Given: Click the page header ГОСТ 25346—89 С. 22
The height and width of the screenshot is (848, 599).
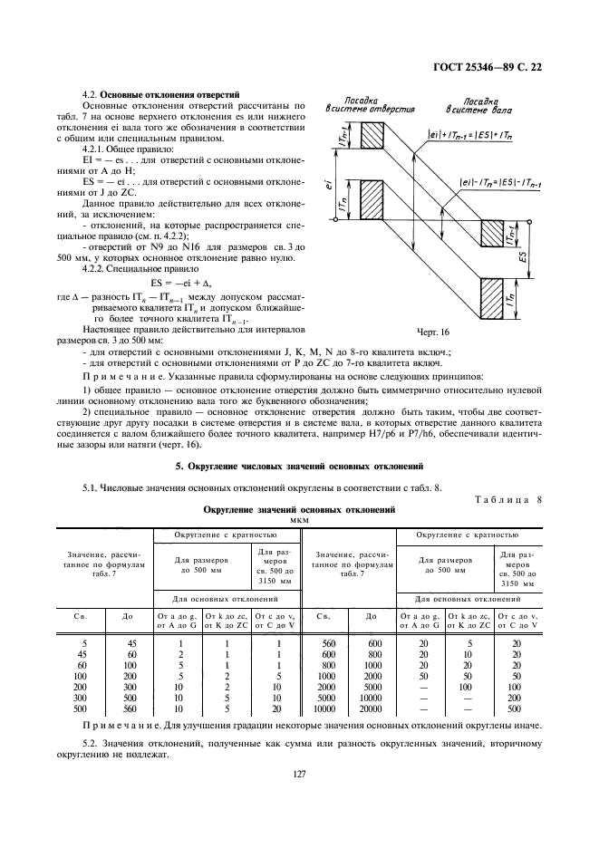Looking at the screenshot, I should point(489,64).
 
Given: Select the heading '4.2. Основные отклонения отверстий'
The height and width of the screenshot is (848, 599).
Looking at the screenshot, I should point(160,93).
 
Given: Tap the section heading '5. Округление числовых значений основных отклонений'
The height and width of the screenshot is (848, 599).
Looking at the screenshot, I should point(299,467).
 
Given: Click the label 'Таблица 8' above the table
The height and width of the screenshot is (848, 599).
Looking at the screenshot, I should point(507,499).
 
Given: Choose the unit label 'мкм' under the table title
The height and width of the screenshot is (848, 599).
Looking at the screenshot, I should point(298,520).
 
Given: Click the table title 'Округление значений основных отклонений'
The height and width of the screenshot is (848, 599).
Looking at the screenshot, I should point(298,510).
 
